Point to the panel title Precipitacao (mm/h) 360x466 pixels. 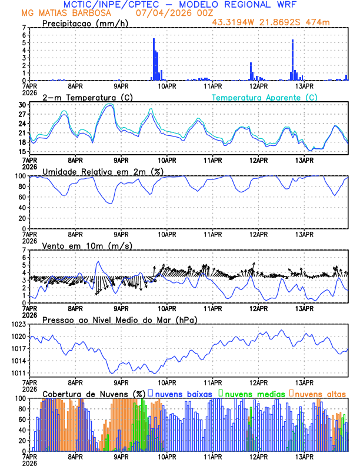84,23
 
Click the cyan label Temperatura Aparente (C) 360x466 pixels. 264,97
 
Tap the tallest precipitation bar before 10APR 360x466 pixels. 154,59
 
